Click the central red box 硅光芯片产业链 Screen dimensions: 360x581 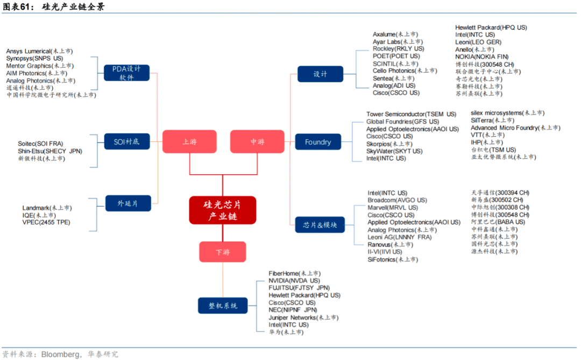click(x=222, y=210)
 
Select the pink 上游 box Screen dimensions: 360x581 click(x=189, y=142)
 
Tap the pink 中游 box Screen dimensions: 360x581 click(x=257, y=142)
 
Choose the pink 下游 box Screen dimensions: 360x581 click(x=222, y=251)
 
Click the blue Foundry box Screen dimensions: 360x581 click(x=318, y=142)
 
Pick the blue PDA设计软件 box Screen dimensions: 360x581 click(x=126, y=73)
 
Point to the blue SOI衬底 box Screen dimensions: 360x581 click(x=126, y=142)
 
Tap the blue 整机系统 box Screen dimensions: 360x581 click(x=223, y=306)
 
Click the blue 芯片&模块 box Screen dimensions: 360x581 click(x=320, y=224)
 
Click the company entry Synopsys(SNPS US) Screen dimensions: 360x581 click(x=34, y=58)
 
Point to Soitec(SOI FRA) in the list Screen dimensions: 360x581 click(x=40, y=144)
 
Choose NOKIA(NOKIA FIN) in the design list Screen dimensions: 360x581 click(x=481, y=57)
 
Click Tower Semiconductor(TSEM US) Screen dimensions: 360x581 click(x=411, y=114)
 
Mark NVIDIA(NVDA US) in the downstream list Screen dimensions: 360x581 click(x=294, y=280)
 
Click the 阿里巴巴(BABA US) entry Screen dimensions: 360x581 click(x=498, y=222)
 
